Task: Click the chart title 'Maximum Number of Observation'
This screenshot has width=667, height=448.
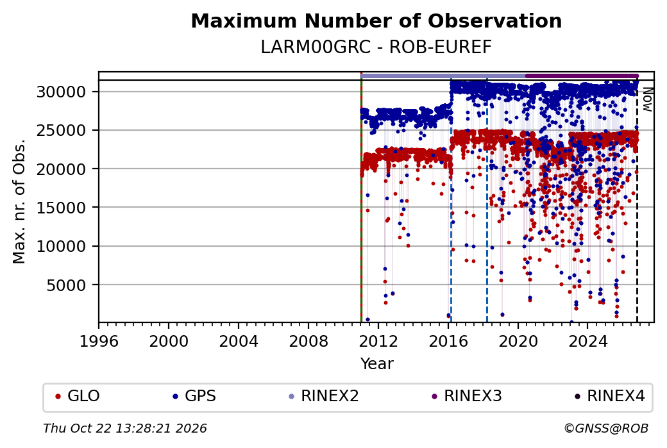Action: (376, 21)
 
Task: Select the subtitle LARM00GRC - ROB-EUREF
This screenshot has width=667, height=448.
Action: (376, 47)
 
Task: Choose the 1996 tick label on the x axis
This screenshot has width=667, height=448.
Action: (99, 342)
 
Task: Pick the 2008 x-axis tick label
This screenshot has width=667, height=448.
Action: (308, 342)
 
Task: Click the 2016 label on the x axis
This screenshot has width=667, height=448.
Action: (448, 342)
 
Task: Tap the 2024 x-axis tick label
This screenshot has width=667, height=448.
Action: (587, 342)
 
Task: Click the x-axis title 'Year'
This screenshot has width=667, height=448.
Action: (376, 364)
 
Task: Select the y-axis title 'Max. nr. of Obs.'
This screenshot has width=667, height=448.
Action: (19, 201)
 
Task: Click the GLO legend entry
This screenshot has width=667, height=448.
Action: (78, 396)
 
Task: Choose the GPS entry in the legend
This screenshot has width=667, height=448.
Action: (194, 396)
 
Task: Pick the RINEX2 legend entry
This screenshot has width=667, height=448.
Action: (324, 396)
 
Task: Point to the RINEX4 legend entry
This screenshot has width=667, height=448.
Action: (609, 396)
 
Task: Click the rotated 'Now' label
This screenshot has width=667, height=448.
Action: (647, 99)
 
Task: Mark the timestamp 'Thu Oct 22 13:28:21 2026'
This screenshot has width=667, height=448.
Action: (125, 428)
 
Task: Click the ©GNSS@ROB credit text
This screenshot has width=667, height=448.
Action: (606, 428)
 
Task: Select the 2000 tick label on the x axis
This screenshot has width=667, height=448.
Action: (169, 342)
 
